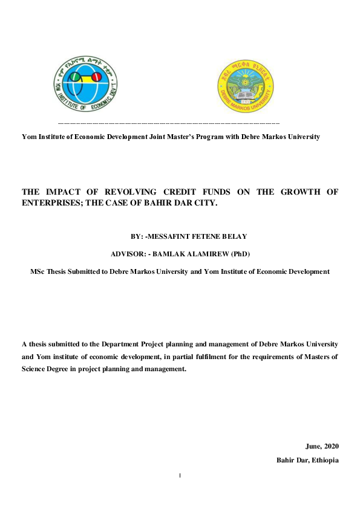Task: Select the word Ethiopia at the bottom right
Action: tap(326, 460)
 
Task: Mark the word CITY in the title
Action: tap(205, 203)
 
